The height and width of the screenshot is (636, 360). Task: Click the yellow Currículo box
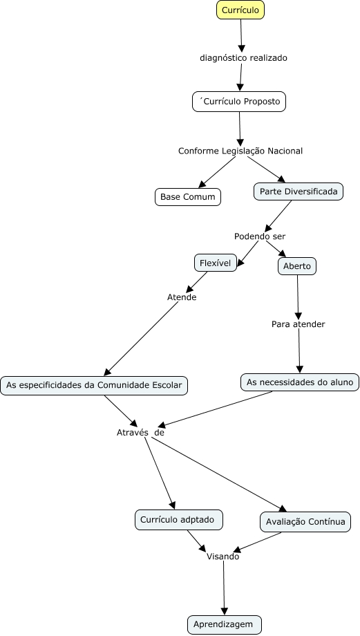(240, 10)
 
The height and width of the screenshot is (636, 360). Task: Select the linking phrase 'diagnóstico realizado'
(243, 58)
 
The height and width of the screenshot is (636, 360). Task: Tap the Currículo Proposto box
(239, 102)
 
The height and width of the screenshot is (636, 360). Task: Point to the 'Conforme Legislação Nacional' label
(240, 151)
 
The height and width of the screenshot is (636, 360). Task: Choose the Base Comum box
(188, 197)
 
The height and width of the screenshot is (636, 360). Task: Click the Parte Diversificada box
(299, 191)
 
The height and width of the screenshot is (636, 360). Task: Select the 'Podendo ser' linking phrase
(260, 236)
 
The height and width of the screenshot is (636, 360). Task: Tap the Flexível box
(216, 263)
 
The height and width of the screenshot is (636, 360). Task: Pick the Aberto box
(297, 266)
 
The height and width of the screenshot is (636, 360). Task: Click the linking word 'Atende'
(182, 297)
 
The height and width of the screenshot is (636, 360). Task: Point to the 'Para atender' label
(299, 324)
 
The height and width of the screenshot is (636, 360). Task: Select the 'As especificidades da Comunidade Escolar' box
(94, 385)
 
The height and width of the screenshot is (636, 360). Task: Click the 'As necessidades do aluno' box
(300, 382)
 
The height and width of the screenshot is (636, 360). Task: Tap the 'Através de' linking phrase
(140, 432)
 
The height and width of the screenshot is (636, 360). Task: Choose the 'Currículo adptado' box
(179, 520)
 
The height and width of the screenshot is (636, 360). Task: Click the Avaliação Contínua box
(305, 522)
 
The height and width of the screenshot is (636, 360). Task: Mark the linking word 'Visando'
(223, 556)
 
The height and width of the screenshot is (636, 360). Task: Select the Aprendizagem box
(225, 625)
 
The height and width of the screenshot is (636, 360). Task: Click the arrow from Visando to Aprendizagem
(224, 588)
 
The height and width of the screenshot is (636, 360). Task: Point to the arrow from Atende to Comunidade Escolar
(142, 339)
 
